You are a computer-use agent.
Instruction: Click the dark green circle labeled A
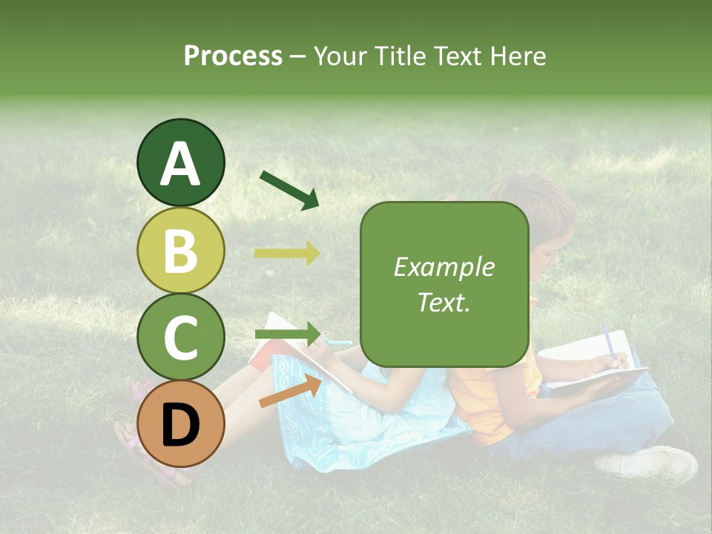(x=180, y=162)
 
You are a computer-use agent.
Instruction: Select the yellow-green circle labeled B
(x=180, y=250)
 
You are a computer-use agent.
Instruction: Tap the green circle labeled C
(x=180, y=337)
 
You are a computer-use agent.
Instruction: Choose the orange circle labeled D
(x=180, y=423)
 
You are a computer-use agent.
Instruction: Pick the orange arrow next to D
(x=290, y=391)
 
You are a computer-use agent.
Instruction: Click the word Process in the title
(x=233, y=56)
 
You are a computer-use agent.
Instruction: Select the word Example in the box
(x=444, y=267)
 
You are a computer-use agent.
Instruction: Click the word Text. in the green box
(x=444, y=302)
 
